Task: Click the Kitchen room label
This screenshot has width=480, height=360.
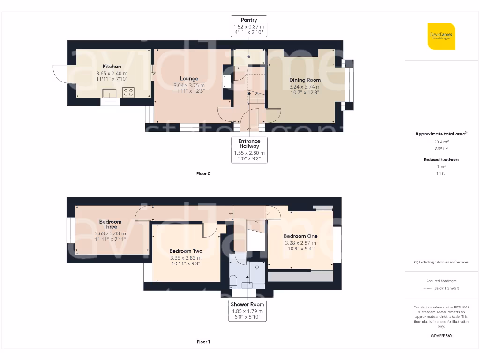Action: coord(112,67)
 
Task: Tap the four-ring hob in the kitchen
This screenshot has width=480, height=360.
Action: coord(128,92)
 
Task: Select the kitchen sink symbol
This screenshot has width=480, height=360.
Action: coord(110,92)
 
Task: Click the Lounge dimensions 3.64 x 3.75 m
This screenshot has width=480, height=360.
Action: coord(189,85)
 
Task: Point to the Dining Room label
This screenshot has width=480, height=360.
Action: coord(305,80)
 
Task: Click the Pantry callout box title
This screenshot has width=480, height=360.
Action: coord(249,20)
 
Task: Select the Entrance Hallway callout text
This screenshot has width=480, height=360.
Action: coord(249,143)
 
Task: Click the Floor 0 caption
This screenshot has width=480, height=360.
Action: coord(203,173)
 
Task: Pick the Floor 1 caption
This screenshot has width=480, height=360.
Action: coord(203,342)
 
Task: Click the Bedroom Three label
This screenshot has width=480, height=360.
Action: coord(110,224)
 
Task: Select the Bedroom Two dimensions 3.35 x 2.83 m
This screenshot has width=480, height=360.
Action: coord(186,258)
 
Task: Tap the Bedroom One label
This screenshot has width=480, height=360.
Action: coord(300,236)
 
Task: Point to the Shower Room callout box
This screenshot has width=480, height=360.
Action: coord(247,311)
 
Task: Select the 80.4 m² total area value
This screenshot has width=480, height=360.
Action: coord(441,141)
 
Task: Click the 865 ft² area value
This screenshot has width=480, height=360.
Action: coord(441,148)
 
